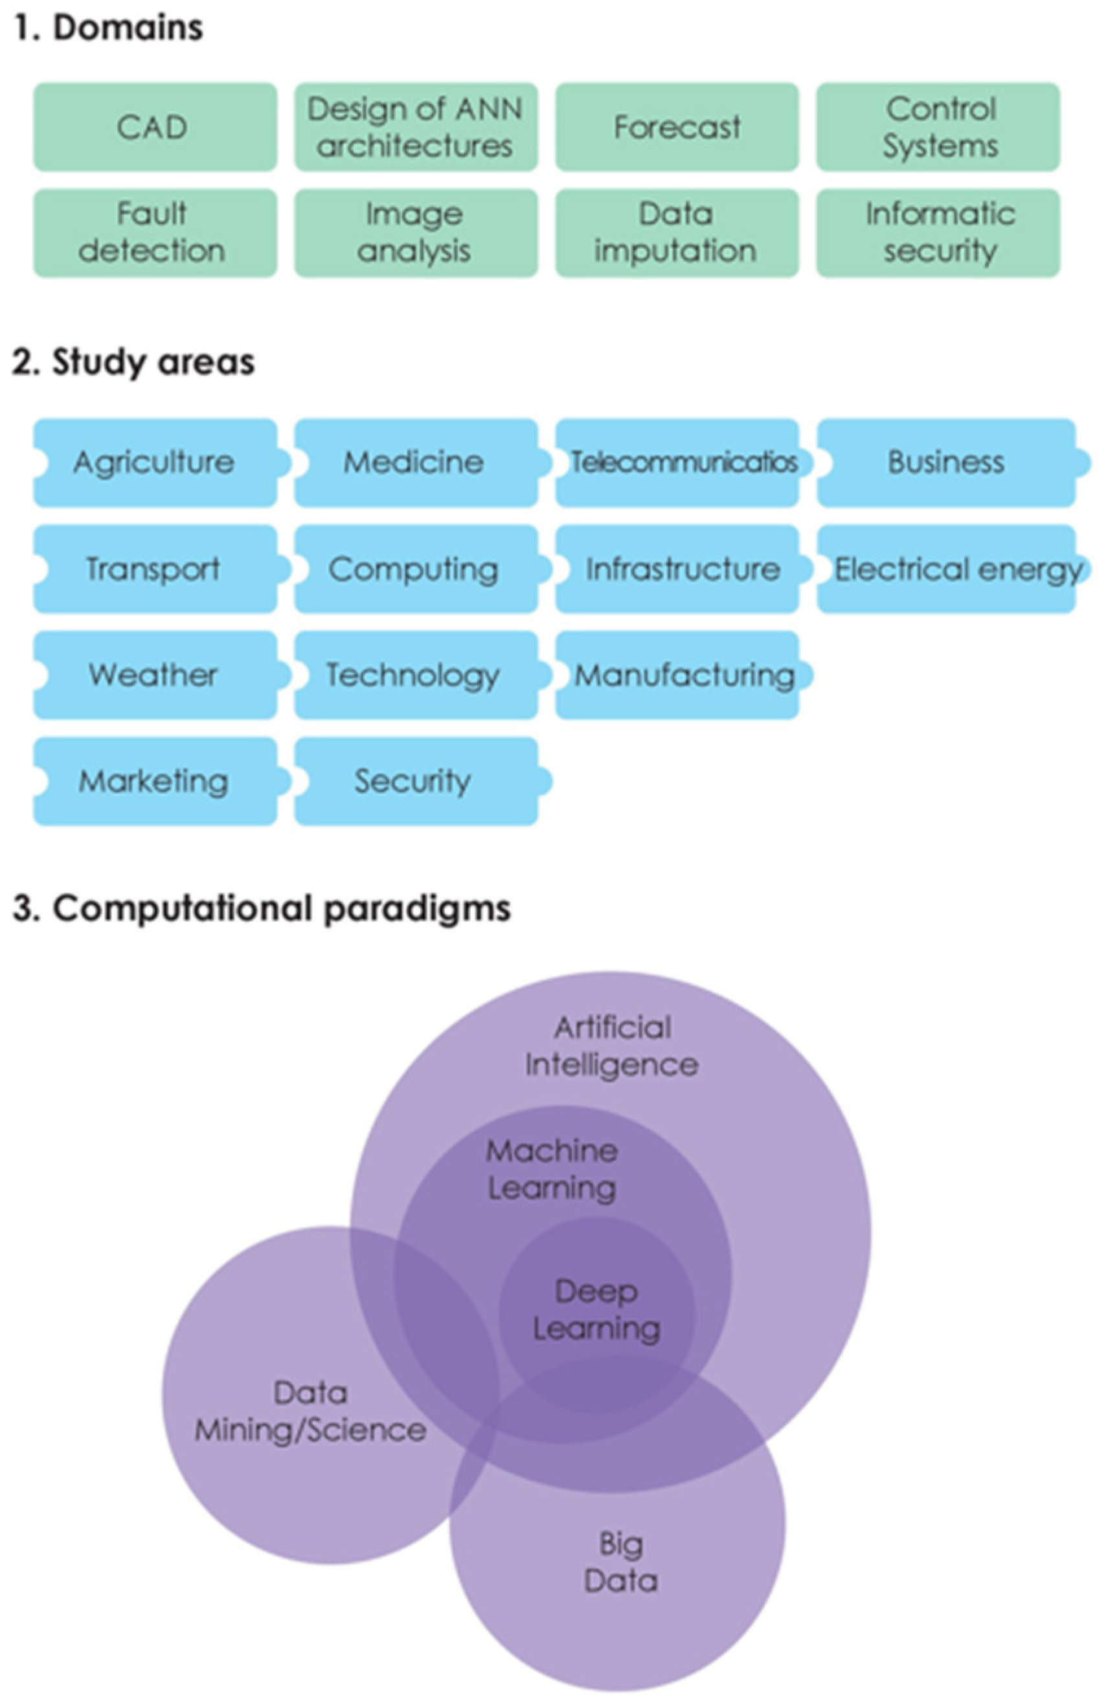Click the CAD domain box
pyautogui.click(x=154, y=127)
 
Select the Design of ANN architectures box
pyautogui.click(x=415, y=127)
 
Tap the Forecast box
pyautogui.click(x=676, y=127)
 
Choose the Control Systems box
pyautogui.click(x=938, y=127)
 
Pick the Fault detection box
pyautogui.click(x=154, y=232)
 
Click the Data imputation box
pyautogui.click(x=676, y=232)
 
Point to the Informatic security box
pyautogui.click(x=938, y=232)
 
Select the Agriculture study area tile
pyautogui.click(x=154, y=462)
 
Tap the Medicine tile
pyautogui.click(x=415, y=462)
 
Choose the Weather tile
pyautogui.click(x=154, y=674)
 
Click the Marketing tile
pyautogui.click(x=154, y=780)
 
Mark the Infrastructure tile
pyautogui.click(x=681, y=569)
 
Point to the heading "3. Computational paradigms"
pyautogui.click(x=262, y=908)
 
